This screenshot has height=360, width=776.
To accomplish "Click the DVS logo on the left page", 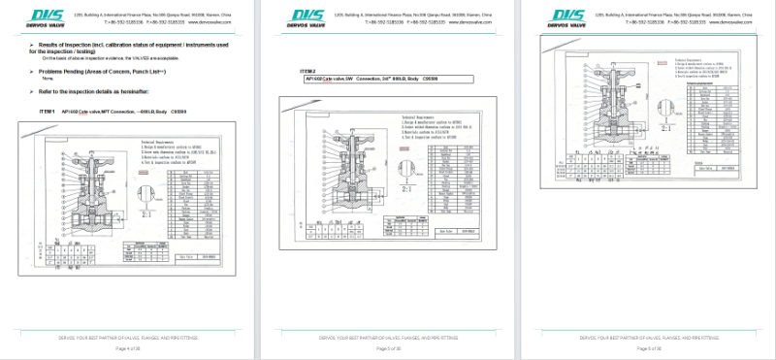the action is click(49, 16).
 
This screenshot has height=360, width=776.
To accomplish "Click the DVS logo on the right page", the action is click(569, 16).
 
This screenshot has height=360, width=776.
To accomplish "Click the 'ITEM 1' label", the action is click(48, 112).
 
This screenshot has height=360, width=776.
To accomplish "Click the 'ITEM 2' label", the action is click(307, 71).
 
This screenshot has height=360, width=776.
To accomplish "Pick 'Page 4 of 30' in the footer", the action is click(128, 347).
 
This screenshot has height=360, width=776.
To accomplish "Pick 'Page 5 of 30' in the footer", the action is click(388, 347).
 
